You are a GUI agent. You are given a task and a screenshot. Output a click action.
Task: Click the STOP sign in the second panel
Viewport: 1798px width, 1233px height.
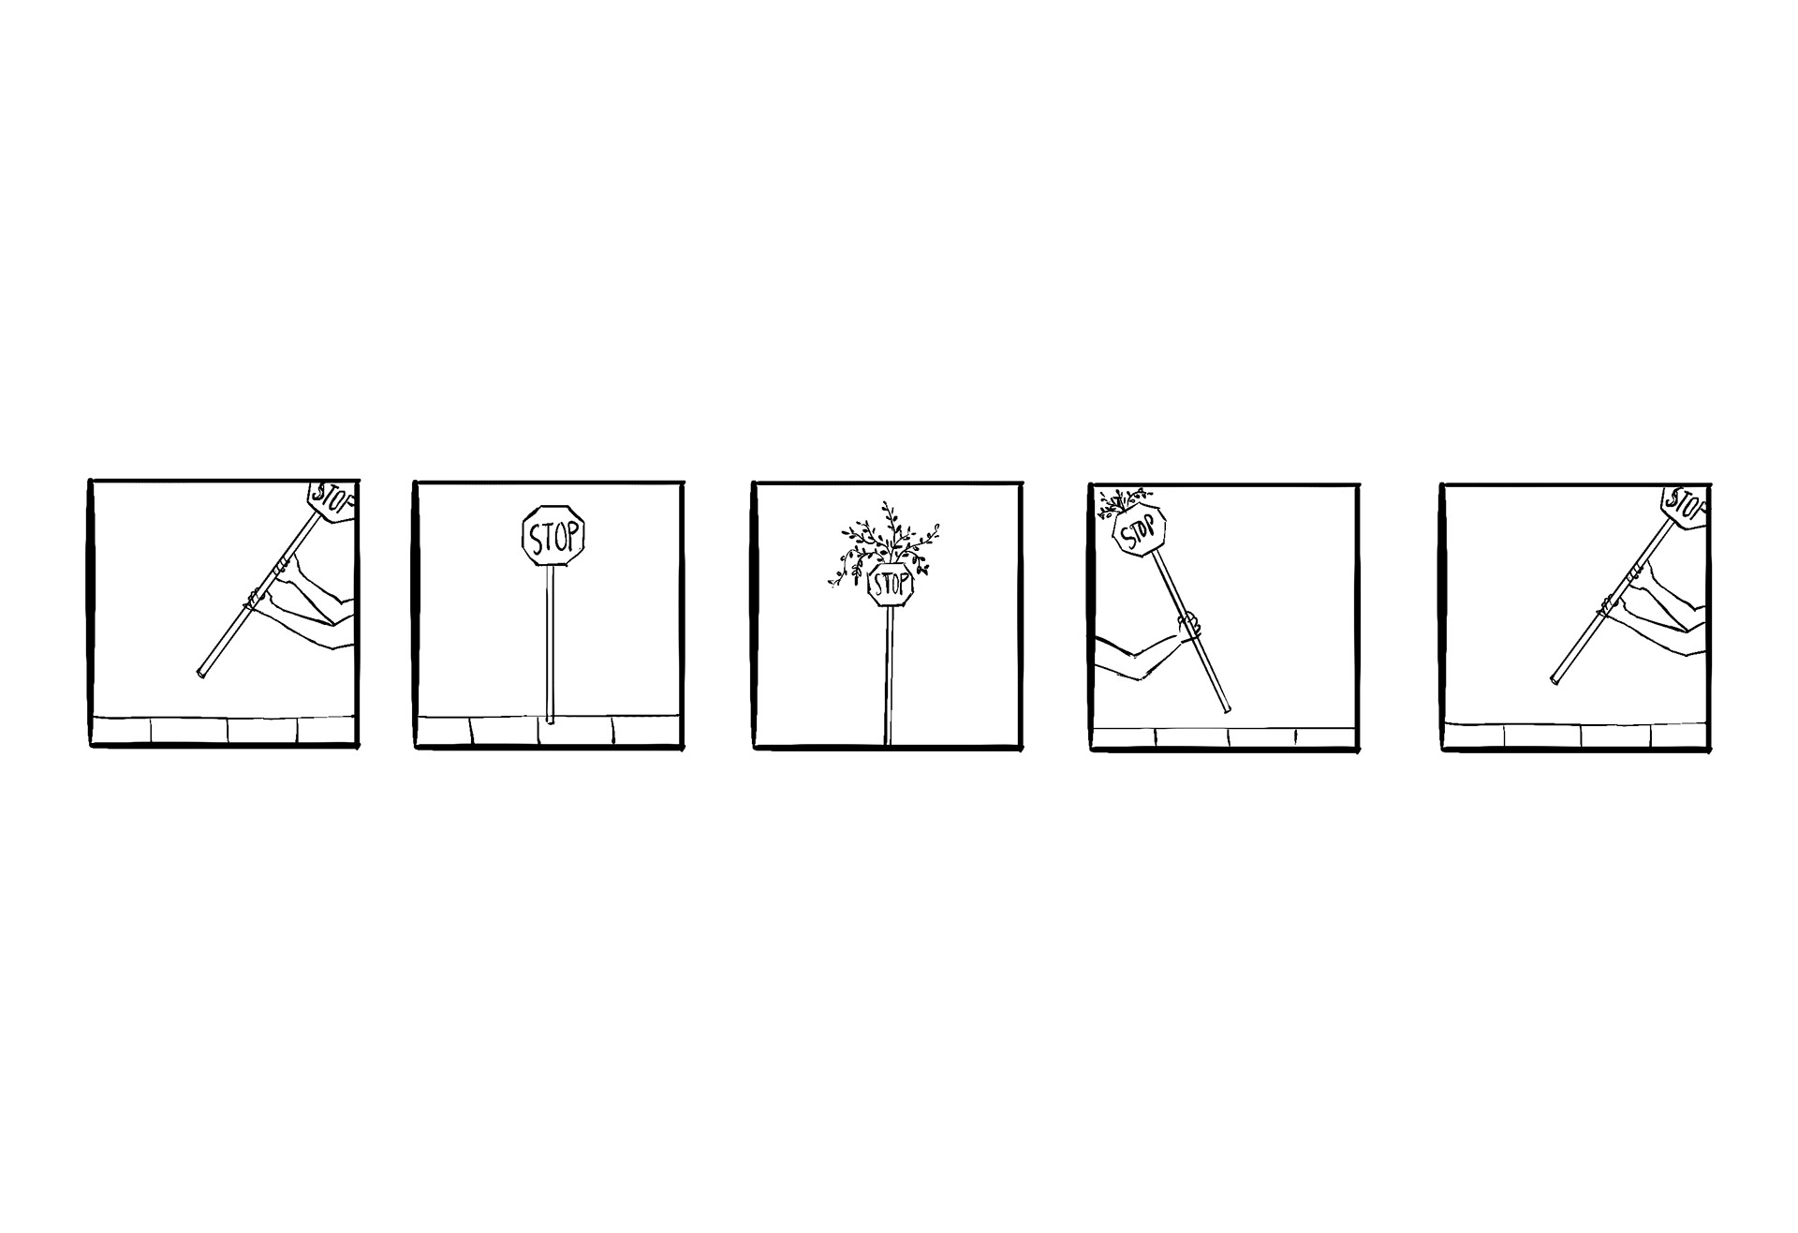coord(553,536)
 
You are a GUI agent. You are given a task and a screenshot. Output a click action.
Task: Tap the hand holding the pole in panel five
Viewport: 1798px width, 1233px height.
coord(1607,603)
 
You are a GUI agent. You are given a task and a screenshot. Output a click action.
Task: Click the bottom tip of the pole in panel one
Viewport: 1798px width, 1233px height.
coord(201,673)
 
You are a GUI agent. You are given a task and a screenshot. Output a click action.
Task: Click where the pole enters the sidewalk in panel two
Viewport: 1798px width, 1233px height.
coord(550,720)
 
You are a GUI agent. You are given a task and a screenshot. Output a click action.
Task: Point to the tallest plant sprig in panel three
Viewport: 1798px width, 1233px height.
coord(887,515)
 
